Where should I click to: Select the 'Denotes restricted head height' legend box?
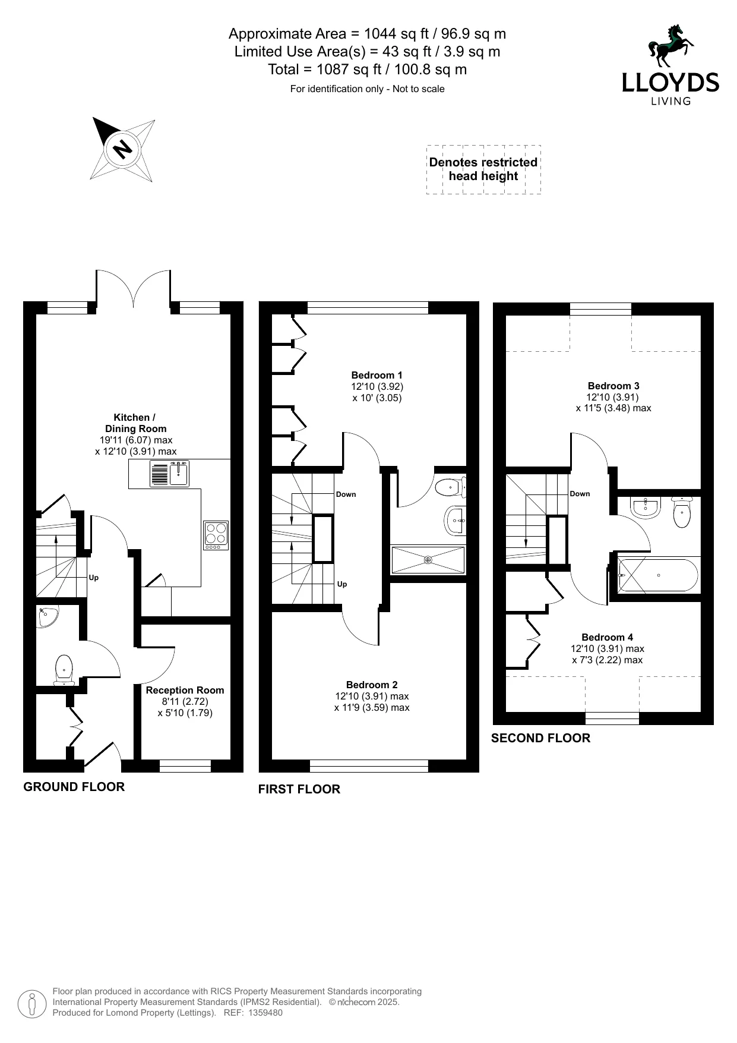pos(483,169)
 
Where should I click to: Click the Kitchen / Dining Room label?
pos(135,423)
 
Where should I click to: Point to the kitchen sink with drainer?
pos(169,474)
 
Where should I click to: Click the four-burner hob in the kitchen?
pos(216,534)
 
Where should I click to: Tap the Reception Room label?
pos(185,690)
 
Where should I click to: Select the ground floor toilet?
pos(63,670)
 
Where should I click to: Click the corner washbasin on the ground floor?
pos(45,617)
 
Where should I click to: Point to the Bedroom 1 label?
pos(377,375)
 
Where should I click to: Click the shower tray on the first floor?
pos(428,560)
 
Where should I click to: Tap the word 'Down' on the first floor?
pos(346,494)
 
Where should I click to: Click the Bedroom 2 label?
pos(372,685)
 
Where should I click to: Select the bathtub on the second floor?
pos(658,575)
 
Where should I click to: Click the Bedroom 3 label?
pos(613,386)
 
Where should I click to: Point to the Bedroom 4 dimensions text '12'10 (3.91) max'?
pos(608,649)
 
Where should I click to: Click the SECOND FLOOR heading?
pos(540,738)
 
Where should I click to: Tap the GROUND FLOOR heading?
pos(74,787)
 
